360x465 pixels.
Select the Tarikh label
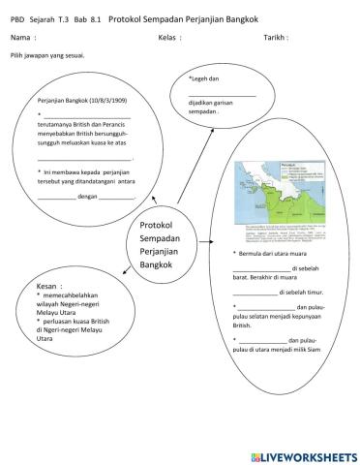tap(276, 37)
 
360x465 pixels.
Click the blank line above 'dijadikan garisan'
tap(223, 93)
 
